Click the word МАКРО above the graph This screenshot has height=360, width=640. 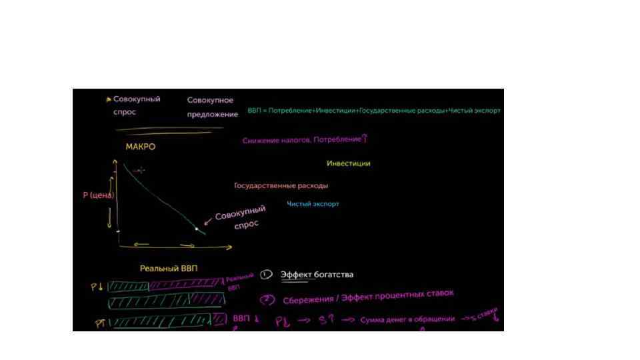pos(141,147)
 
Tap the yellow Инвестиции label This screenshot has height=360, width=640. pos(348,163)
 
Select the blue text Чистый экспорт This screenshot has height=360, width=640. pos(313,204)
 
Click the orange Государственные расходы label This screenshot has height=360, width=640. pos(281,186)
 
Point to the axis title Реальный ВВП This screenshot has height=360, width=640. pos(169,269)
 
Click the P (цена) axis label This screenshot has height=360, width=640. pos(98,195)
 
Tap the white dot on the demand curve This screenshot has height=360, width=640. pos(197,229)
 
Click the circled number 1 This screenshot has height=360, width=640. pos(266,274)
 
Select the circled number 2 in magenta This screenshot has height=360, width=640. pos(268,300)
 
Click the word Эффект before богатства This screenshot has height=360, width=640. pos(297,275)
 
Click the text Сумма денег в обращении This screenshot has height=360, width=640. pos(407,320)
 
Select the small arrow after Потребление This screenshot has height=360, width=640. pos(365,139)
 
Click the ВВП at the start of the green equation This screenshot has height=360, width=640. pos(254,111)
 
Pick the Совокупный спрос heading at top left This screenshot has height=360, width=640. pos(136,105)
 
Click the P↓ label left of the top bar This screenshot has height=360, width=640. pos(97,287)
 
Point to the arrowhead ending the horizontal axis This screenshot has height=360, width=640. pos(230,247)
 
